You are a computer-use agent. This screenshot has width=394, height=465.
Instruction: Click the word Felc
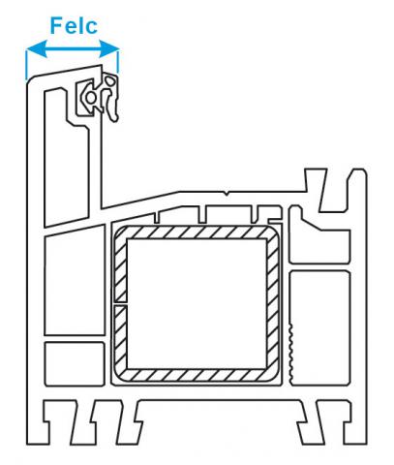pyautogui.click(x=74, y=25)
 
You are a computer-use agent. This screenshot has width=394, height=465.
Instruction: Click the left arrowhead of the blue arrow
pyautogui.click(x=37, y=49)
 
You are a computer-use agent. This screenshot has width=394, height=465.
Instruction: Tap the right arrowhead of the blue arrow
pyautogui.click(x=109, y=49)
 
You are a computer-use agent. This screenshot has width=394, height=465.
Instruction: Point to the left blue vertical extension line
pyautogui.click(x=26, y=65)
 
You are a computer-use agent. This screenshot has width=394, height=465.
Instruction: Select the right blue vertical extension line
pyautogui.click(x=118, y=61)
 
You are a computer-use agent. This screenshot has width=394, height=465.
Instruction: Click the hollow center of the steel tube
pyautogui.click(x=197, y=303)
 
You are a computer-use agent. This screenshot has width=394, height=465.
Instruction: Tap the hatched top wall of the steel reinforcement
pyautogui.click(x=197, y=232)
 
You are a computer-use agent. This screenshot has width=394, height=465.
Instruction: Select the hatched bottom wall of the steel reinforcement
pyautogui.click(x=197, y=374)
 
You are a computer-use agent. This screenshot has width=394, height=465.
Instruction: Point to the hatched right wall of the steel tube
pyautogui.click(x=272, y=303)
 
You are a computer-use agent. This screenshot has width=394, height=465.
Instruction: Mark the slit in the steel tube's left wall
pyautogui.click(x=121, y=304)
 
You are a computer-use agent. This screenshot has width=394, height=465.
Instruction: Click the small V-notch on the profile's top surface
pyautogui.click(x=227, y=194)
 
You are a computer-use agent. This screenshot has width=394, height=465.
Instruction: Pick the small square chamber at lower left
pyautogui.click(x=75, y=363)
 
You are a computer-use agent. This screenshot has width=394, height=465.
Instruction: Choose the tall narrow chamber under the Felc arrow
pyautogui.click(x=66, y=158)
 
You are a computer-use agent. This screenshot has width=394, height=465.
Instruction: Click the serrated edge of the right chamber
pyautogui.click(x=290, y=351)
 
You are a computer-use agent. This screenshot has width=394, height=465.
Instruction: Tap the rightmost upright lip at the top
pyautogui.click(x=357, y=191)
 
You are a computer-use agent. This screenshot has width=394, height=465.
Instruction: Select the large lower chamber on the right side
pyautogui.click(x=320, y=327)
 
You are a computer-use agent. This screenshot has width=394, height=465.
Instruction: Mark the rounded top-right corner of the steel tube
pyautogui.click(x=272, y=232)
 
